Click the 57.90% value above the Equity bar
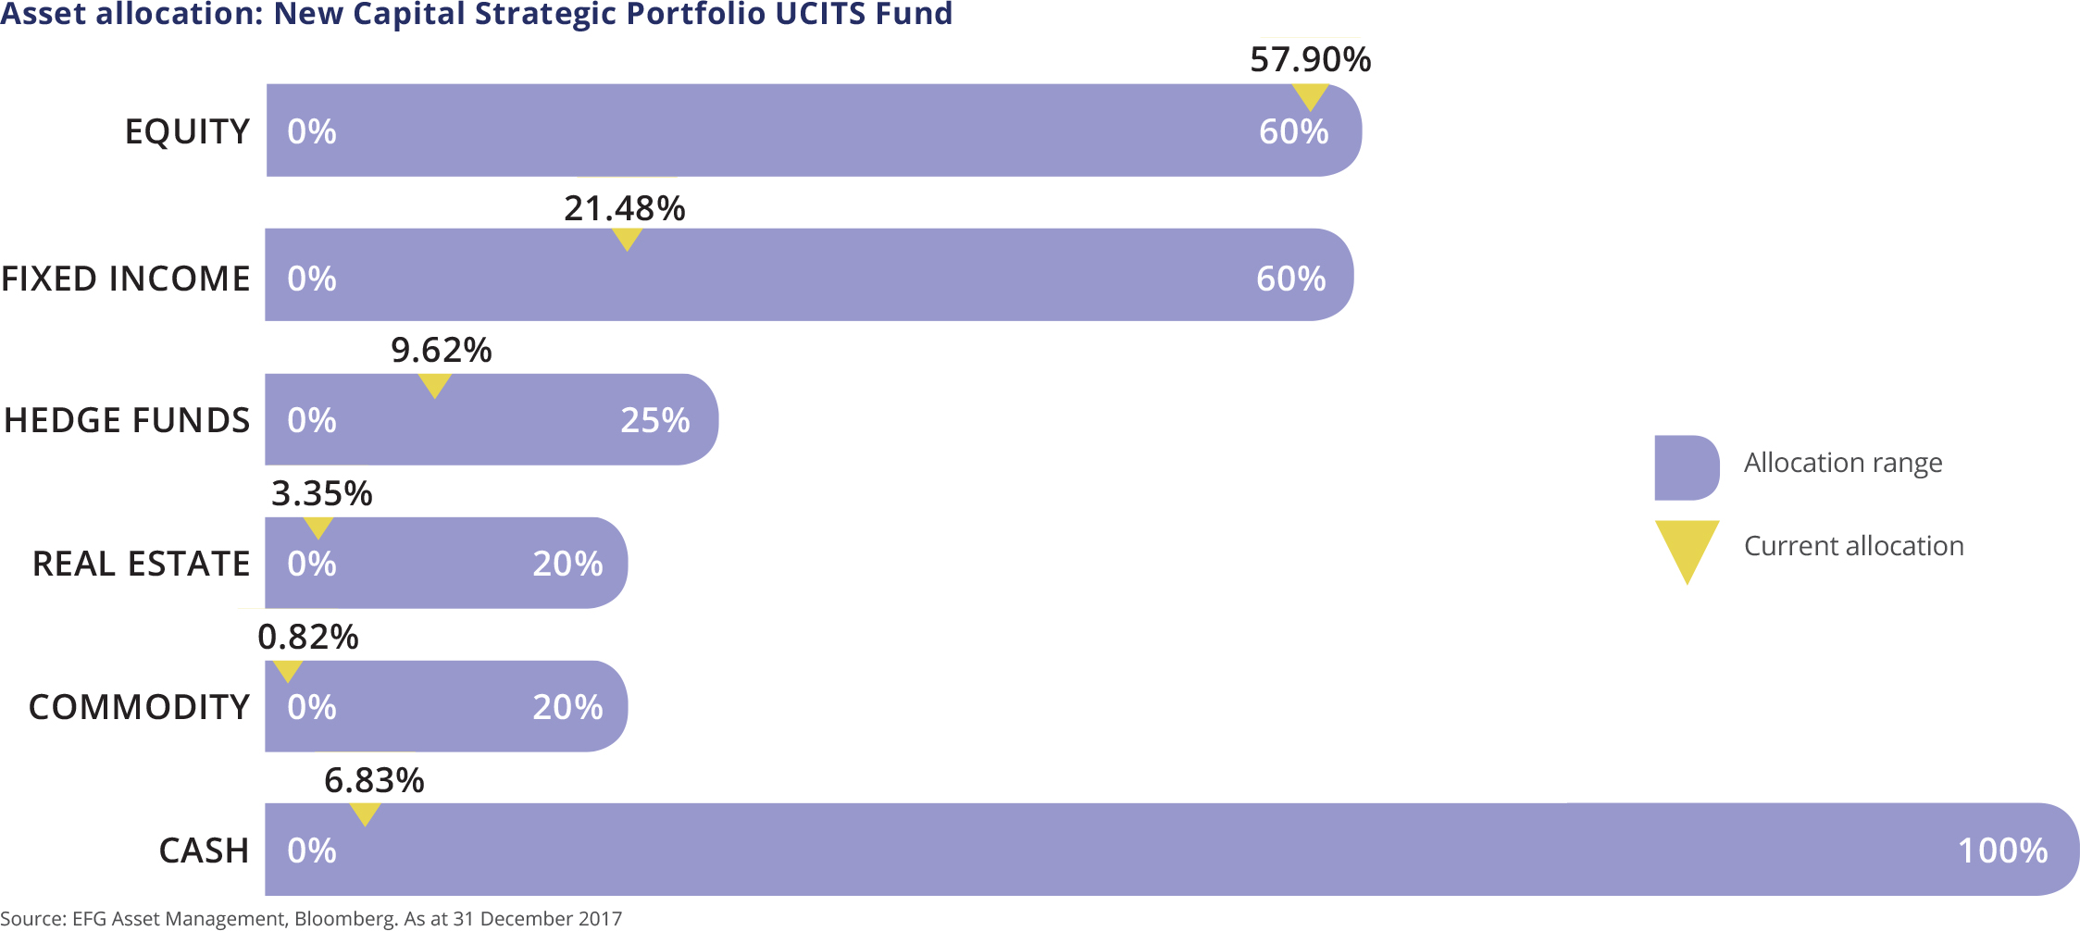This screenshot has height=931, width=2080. (1310, 60)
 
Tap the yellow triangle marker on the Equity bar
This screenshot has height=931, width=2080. (1310, 95)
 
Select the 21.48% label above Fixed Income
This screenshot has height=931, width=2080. (625, 209)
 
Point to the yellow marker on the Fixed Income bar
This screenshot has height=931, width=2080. (627, 238)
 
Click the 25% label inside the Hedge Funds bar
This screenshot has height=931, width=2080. (654, 421)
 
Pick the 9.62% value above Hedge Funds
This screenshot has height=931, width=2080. (441, 351)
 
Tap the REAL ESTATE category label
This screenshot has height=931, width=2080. (141, 564)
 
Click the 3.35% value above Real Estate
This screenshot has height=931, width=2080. (321, 494)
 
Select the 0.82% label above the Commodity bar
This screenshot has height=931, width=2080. (307, 638)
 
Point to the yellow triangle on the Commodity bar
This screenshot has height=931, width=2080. (288, 670)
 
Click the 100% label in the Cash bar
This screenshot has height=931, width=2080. (2002, 851)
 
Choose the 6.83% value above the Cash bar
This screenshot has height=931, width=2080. (374, 781)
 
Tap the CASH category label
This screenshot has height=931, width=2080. (204, 851)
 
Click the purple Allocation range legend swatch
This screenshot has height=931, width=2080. (1686, 467)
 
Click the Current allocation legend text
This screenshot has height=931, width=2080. (1853, 546)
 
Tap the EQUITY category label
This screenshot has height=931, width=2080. (187, 132)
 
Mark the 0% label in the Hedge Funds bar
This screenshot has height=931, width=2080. (311, 421)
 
